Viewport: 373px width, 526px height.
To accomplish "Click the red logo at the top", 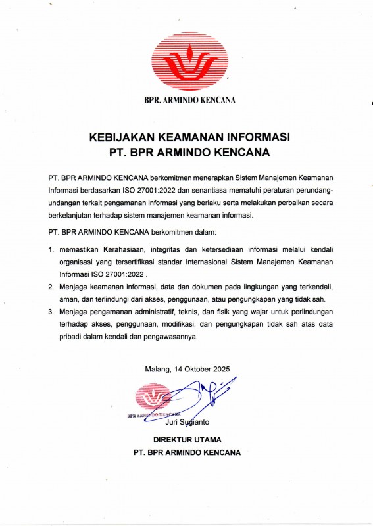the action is click(x=188, y=60).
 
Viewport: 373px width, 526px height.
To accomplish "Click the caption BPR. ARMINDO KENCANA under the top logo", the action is click(x=188, y=100).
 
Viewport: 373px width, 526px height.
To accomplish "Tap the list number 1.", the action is click(x=51, y=251).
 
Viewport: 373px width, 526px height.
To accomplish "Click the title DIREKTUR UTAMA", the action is click(x=187, y=439).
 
